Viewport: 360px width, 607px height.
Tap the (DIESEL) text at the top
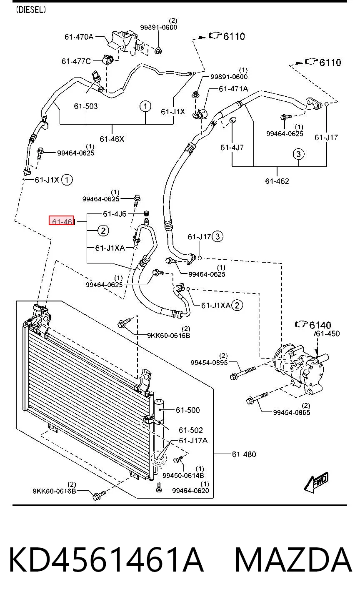tap(31, 10)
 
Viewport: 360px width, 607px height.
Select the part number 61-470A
tap(79, 37)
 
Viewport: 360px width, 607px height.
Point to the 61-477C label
tap(76, 62)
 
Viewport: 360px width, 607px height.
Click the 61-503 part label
tap(85, 106)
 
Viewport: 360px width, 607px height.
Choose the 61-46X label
tap(112, 139)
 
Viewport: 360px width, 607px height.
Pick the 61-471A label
tap(233, 89)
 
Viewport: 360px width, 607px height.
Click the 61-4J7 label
tap(232, 148)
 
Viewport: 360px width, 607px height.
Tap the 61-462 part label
tap(277, 181)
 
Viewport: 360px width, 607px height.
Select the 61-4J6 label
tap(115, 214)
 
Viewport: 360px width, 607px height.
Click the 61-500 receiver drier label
tap(188, 410)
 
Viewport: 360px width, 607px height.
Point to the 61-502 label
tap(191, 430)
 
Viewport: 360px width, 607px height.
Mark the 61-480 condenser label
tap(244, 454)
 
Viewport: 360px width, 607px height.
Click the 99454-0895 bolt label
tap(209, 362)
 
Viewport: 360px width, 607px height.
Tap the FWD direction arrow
tap(316, 483)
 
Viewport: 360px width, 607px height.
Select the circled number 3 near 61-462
tap(298, 154)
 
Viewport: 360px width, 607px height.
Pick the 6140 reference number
tap(320, 325)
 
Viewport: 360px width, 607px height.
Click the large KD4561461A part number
tap(106, 559)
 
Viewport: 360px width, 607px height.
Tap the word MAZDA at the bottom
tap(293, 559)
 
